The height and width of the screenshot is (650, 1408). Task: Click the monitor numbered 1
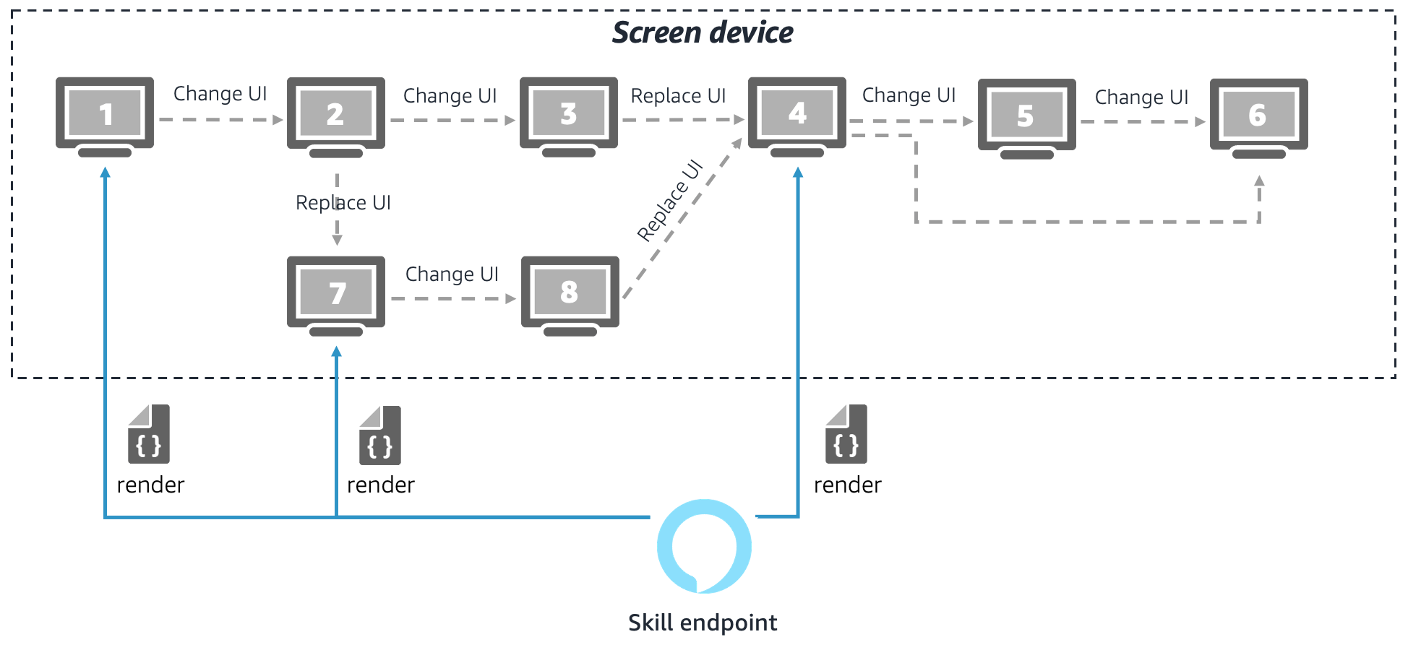[105, 116]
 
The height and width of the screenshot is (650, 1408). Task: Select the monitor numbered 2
[336, 116]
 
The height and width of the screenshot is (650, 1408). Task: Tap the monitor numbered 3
[569, 116]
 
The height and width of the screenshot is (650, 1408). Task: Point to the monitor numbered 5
[1026, 117]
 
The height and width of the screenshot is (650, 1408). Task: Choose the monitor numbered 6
[1258, 117]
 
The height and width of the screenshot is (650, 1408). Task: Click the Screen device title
[703, 33]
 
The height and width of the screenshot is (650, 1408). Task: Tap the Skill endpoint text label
[703, 623]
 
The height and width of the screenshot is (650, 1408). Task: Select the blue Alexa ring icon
[704, 546]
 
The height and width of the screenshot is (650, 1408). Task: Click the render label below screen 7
[381, 485]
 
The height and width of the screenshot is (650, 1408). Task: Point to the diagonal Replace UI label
[670, 200]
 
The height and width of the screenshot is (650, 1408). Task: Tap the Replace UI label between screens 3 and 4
[678, 96]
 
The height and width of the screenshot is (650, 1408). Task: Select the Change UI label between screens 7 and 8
[452, 274]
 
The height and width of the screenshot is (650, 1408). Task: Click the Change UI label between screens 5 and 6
[1141, 97]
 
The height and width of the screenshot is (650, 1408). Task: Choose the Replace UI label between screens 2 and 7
[343, 203]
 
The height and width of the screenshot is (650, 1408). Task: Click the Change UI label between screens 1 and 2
[220, 94]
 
